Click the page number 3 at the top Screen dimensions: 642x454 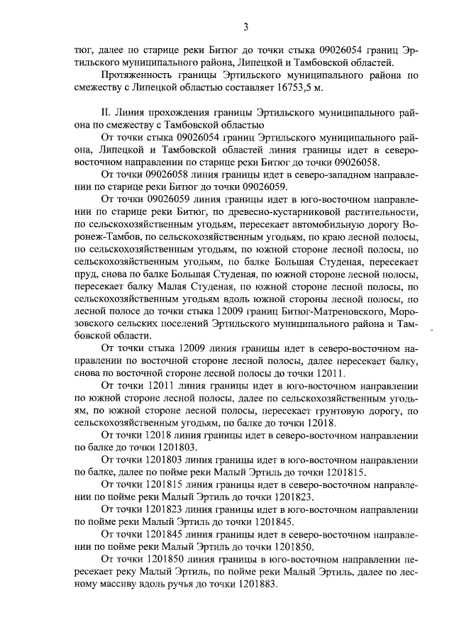pos(245,28)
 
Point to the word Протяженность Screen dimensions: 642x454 pos(138,75)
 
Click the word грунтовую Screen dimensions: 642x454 pos(350,411)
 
